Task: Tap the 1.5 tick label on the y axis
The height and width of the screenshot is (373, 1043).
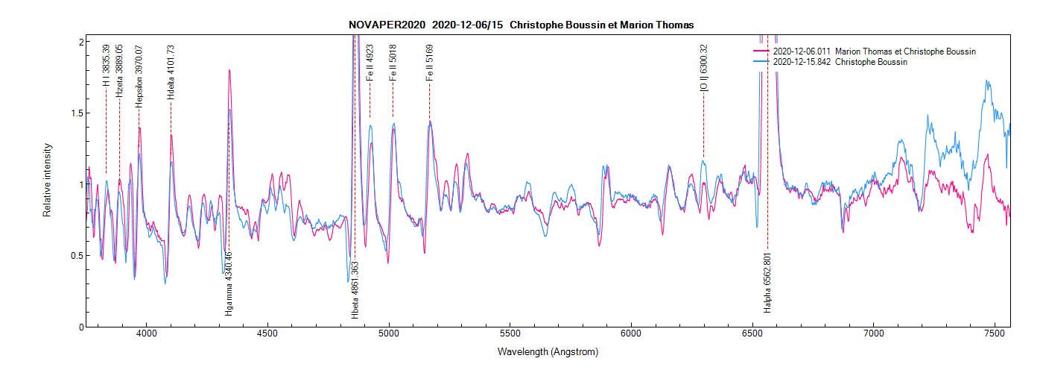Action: pos(74,113)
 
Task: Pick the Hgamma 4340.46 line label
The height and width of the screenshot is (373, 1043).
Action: pos(229,284)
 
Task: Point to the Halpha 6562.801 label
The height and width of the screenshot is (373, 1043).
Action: pos(767,283)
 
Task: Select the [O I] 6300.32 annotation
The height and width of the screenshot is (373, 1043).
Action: pos(703,68)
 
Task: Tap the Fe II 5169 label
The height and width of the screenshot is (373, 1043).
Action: pos(429,62)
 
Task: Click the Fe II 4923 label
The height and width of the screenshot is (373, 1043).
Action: pos(370,62)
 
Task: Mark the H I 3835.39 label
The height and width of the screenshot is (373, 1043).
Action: pos(107,65)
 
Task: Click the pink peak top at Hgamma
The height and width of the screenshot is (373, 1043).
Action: pos(229,70)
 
